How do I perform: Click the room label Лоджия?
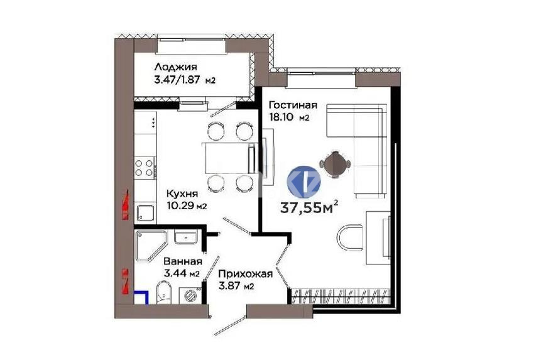coord(176,67)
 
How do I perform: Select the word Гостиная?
coord(292,106)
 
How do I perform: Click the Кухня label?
coord(182,194)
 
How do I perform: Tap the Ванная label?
coord(182,261)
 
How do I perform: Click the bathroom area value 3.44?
coord(176,273)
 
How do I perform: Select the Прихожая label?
coord(245,274)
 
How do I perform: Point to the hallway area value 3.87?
coord(231,286)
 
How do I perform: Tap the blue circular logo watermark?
coord(304,181)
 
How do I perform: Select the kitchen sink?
coord(145,212)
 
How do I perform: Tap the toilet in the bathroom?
coord(163,293)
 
